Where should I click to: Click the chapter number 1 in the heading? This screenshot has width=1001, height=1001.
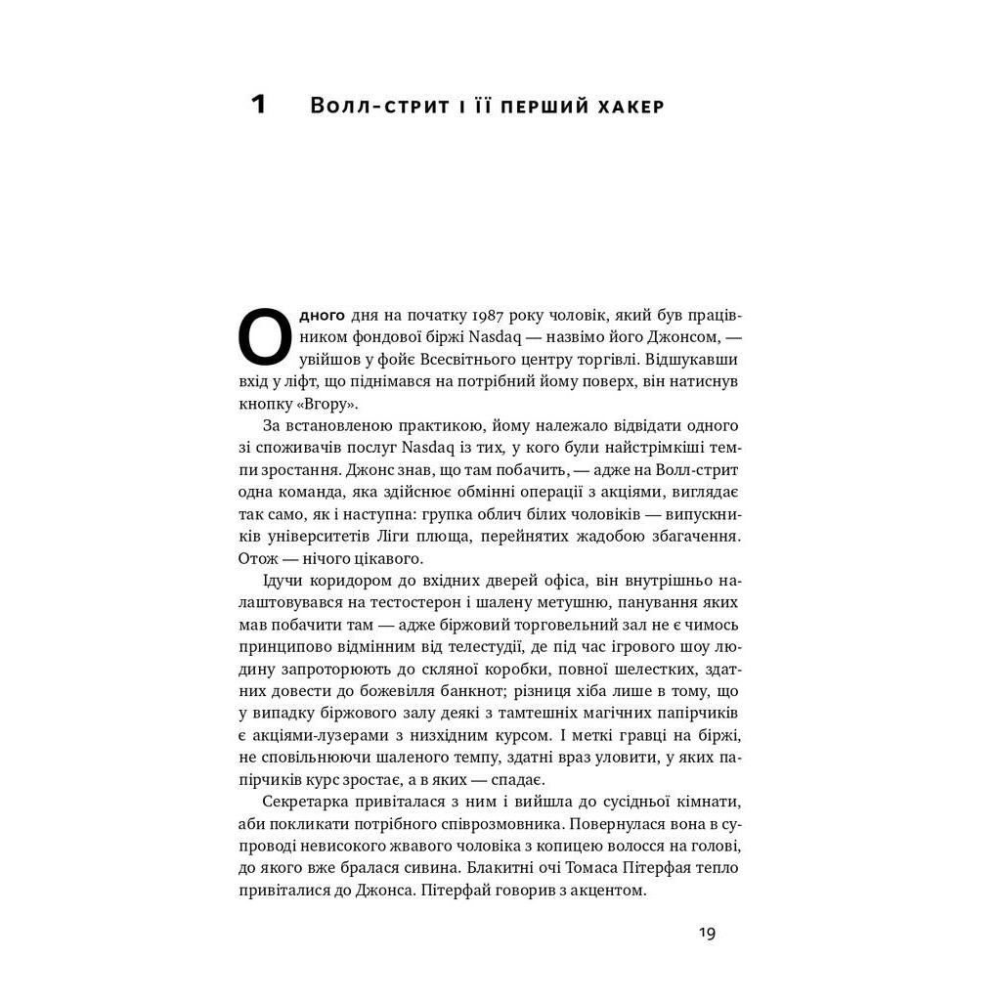258,105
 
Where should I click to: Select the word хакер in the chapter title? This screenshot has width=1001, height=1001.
630,107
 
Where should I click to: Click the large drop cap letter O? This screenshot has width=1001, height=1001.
265,338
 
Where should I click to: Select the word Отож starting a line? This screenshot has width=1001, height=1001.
258,558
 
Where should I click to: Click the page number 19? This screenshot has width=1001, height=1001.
707,934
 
